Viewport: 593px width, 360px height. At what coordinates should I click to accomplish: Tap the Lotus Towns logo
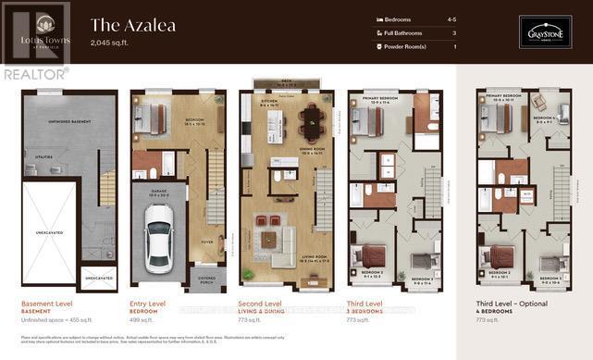click(x=36, y=28)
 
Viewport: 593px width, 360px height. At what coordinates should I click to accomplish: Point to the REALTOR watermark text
click(x=34, y=73)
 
